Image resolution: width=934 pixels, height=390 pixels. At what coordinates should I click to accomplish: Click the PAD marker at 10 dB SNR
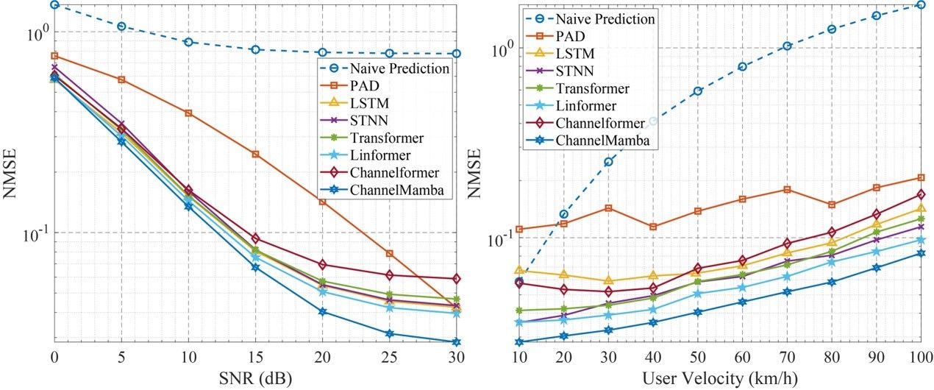(x=188, y=113)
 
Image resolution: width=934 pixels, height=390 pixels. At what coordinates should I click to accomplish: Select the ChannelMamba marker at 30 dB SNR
(x=457, y=342)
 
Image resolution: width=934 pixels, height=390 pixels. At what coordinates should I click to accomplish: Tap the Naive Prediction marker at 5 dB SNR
(x=121, y=26)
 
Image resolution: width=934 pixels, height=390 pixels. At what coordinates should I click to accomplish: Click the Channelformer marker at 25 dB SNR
(x=390, y=275)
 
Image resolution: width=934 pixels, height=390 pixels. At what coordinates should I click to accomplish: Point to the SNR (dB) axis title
(x=255, y=377)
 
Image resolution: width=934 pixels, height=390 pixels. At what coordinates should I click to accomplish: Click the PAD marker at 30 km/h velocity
(x=608, y=208)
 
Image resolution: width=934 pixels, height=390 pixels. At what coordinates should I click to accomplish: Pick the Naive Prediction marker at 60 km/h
(x=742, y=67)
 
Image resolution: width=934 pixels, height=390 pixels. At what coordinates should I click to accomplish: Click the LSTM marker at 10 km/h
(x=518, y=271)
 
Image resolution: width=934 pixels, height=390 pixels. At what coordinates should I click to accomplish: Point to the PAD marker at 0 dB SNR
(x=54, y=56)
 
